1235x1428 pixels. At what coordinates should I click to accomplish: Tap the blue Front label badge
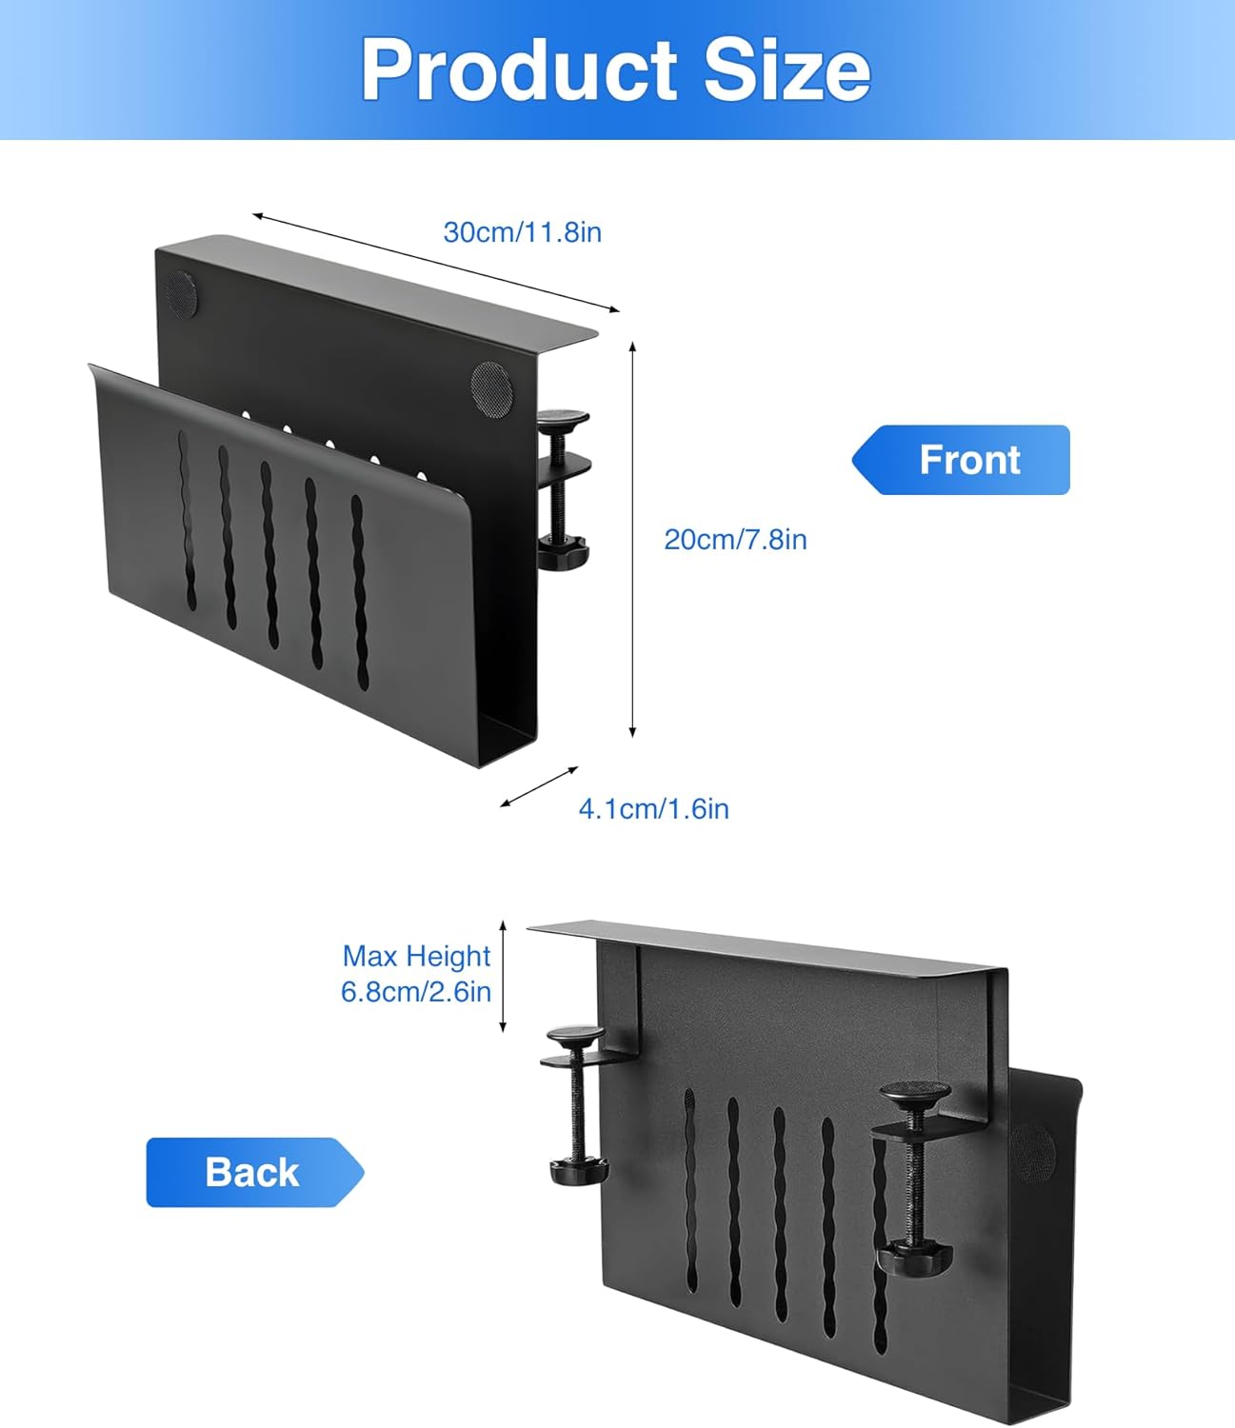coord(961,460)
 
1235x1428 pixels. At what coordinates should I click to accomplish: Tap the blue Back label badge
coord(255,1172)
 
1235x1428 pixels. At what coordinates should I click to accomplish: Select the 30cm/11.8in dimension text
coord(523,232)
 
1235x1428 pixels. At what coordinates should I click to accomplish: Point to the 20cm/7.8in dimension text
coord(735,540)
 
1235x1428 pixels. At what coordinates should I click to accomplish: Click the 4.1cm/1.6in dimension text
coord(654,809)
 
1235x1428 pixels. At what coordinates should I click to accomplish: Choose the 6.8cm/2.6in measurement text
coord(416,991)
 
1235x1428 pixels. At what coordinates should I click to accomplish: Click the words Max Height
coord(416,956)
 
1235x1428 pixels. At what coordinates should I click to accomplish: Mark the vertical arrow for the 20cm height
coord(632,539)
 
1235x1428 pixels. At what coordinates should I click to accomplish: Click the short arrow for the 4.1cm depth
coord(539,786)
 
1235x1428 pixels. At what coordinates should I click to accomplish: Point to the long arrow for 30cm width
coord(435,263)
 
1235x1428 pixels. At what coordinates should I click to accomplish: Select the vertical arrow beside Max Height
coord(503,976)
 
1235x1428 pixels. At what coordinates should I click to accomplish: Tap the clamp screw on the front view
coord(564,490)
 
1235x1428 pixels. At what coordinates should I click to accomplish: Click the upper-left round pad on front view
coord(182,292)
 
